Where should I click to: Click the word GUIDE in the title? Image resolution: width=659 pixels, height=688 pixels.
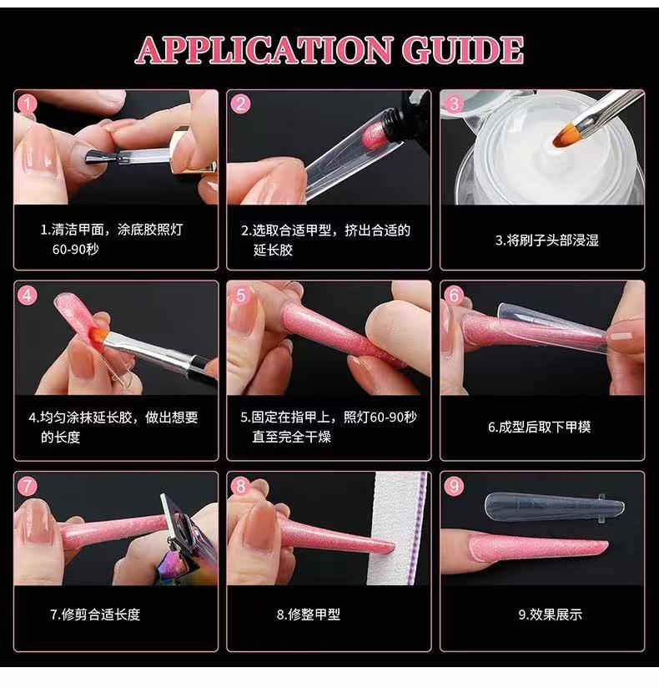[463, 50]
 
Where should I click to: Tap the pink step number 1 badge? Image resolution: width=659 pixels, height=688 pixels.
[28, 104]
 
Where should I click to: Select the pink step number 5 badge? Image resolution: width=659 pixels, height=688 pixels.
[241, 296]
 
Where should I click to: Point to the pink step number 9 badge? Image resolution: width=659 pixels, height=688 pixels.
[454, 486]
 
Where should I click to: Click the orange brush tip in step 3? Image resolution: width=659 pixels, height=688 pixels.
[563, 135]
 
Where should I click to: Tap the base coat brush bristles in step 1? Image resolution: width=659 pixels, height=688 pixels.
[97, 157]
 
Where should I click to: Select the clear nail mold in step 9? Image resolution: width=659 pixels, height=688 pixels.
[555, 506]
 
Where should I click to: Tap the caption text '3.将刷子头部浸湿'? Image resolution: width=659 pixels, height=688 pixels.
[546, 240]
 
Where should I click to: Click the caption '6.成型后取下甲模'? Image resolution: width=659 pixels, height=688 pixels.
[540, 427]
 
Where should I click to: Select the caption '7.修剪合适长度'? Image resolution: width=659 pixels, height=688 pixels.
[95, 615]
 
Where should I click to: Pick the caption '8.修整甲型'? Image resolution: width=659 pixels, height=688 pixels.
[309, 615]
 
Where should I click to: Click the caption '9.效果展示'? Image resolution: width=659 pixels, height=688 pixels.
[551, 615]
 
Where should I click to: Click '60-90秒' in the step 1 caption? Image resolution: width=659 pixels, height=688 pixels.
[75, 249]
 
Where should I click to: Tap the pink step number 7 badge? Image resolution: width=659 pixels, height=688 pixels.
[28, 486]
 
